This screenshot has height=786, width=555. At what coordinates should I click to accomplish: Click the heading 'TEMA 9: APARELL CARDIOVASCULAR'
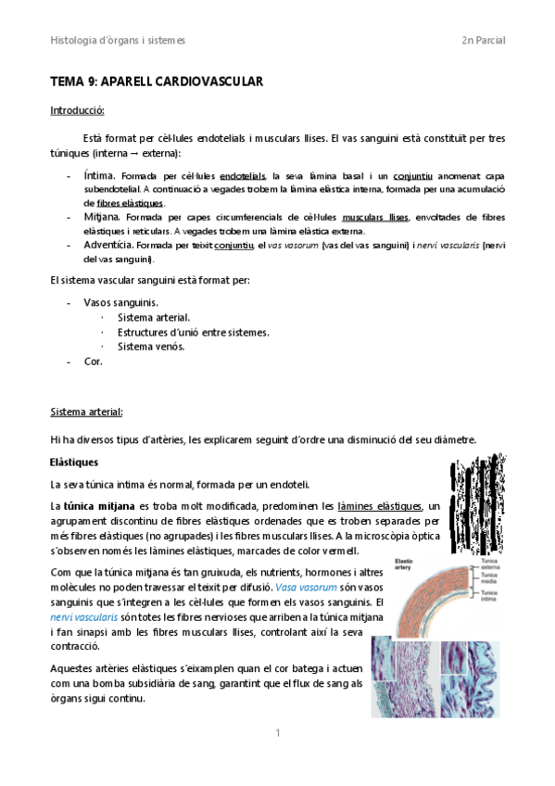[x=157, y=82]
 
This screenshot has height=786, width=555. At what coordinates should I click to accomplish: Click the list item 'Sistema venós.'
[x=150, y=347]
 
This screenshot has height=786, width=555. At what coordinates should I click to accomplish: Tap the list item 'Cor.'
[x=93, y=361]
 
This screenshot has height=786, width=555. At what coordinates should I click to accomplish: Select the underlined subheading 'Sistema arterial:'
[x=85, y=411]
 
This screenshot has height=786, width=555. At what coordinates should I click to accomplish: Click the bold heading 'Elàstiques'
[x=73, y=461]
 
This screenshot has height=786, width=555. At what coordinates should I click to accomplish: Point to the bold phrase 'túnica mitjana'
[x=97, y=506]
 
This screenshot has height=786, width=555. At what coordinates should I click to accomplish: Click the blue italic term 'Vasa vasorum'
[x=306, y=587]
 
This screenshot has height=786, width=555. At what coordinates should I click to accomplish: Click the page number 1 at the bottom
[x=277, y=733]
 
